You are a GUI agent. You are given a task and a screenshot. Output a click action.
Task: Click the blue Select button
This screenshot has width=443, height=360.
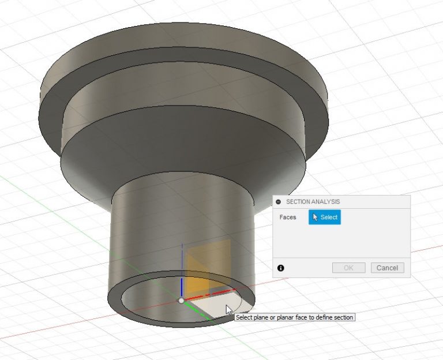tap(324, 217)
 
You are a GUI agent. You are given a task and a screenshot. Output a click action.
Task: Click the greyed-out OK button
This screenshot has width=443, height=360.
tap(348, 268)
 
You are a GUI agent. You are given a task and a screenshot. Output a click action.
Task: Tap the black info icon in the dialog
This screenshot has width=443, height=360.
tap(281, 268)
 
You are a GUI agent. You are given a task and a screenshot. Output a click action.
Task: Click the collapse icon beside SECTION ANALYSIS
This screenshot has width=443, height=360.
tap(279, 202)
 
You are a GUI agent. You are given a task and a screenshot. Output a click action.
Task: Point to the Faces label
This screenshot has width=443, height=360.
tap(288, 217)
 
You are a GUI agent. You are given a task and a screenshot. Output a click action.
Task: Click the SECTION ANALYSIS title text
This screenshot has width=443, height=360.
tap(313, 202)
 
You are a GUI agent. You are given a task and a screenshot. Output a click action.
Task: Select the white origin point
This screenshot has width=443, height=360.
tap(181, 301)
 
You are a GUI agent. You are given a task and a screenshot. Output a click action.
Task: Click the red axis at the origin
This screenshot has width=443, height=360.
tap(213, 292)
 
